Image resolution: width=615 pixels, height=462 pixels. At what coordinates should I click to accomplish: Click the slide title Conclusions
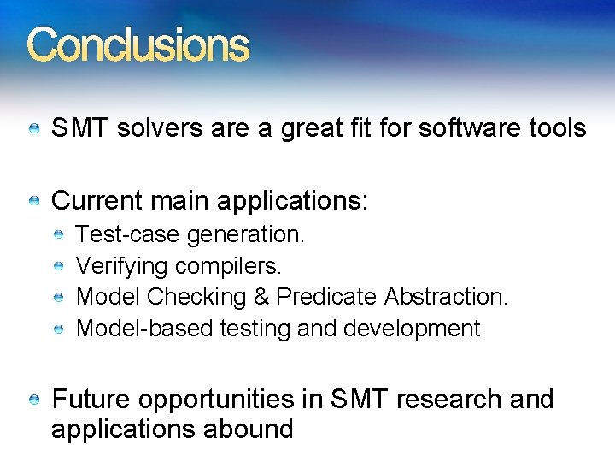[x=138, y=45]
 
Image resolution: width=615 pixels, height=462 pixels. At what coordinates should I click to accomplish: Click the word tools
[x=559, y=129]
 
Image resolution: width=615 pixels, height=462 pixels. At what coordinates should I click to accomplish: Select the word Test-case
[x=128, y=234]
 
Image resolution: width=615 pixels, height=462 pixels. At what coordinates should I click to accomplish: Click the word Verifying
[x=122, y=266]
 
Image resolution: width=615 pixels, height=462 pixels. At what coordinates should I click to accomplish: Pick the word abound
[x=249, y=429]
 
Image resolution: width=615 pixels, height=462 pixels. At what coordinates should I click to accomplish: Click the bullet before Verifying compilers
[x=58, y=266]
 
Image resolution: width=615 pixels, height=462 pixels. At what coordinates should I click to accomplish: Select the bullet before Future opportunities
[x=33, y=400]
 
